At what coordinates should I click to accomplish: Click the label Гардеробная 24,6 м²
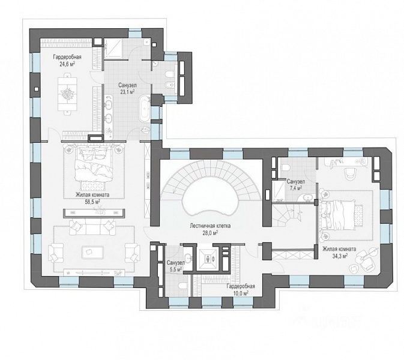(x=67, y=61)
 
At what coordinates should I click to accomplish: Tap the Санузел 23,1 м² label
(x=127, y=88)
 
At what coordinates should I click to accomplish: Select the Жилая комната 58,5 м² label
(x=92, y=198)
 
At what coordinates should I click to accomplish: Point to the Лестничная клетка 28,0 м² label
(x=210, y=229)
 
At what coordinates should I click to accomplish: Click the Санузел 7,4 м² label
(x=296, y=185)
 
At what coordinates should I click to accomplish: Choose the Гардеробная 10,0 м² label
(x=241, y=290)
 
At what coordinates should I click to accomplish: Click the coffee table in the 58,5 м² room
(x=92, y=251)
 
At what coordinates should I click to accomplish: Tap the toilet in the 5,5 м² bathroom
(x=183, y=286)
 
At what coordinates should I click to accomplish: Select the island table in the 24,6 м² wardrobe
(x=67, y=94)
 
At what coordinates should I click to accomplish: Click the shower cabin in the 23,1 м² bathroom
(x=113, y=49)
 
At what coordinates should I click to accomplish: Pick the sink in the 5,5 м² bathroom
(x=188, y=258)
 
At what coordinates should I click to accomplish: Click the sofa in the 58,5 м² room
(x=92, y=227)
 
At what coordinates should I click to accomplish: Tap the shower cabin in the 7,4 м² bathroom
(x=279, y=191)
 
